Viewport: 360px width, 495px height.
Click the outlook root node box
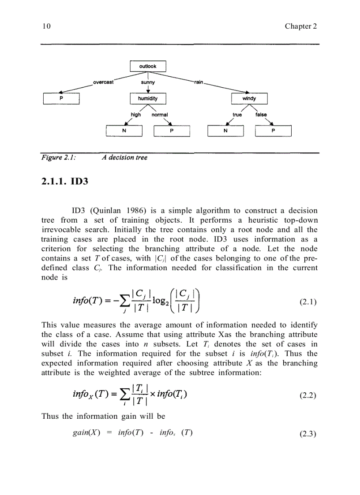148,66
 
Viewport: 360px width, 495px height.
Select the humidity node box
148,99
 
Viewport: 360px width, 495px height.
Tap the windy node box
249,99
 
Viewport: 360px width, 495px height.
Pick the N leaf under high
124,131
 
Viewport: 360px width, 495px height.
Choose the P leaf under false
273,131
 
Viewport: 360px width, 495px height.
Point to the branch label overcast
104,82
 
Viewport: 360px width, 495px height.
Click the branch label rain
198,82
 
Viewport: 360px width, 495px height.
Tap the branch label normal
160,115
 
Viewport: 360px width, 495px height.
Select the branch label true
237,115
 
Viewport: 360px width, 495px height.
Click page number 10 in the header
46,26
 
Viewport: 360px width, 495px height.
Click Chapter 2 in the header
301,26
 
